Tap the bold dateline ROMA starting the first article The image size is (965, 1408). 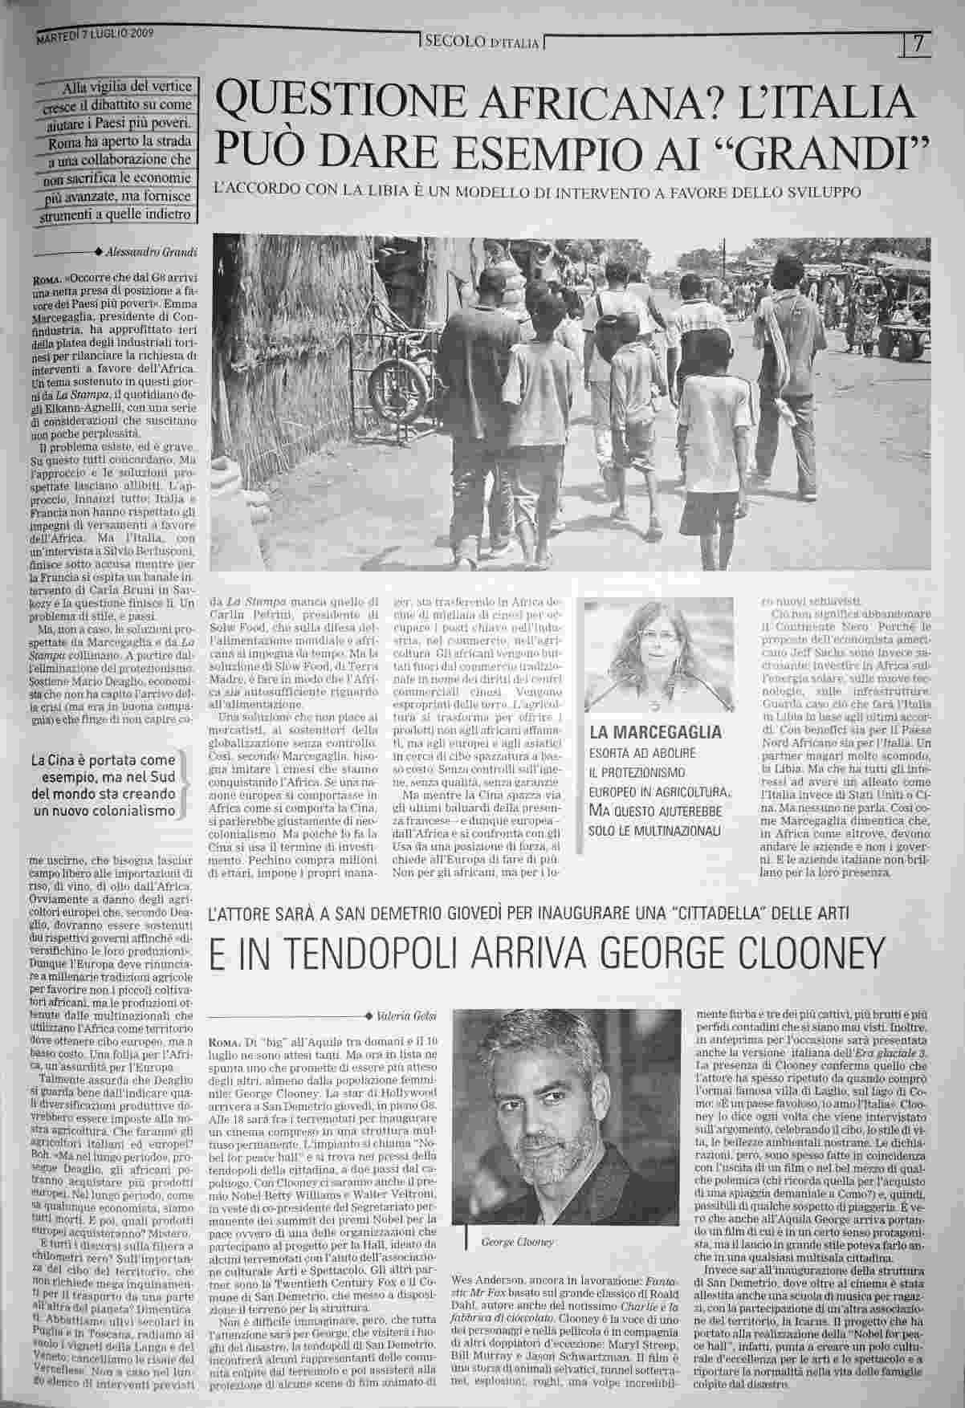39,278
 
